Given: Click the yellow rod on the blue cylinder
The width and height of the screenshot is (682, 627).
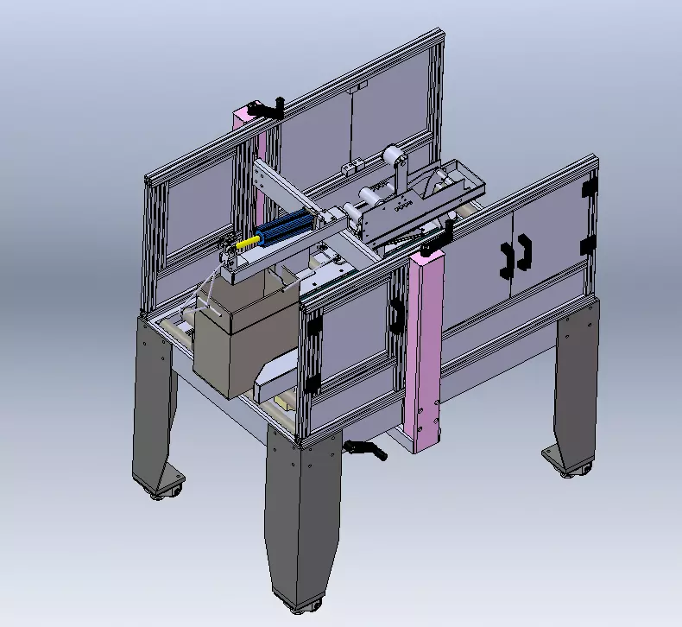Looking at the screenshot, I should pos(248,243).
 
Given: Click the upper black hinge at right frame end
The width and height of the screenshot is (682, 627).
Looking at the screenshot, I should pos(590,187).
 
